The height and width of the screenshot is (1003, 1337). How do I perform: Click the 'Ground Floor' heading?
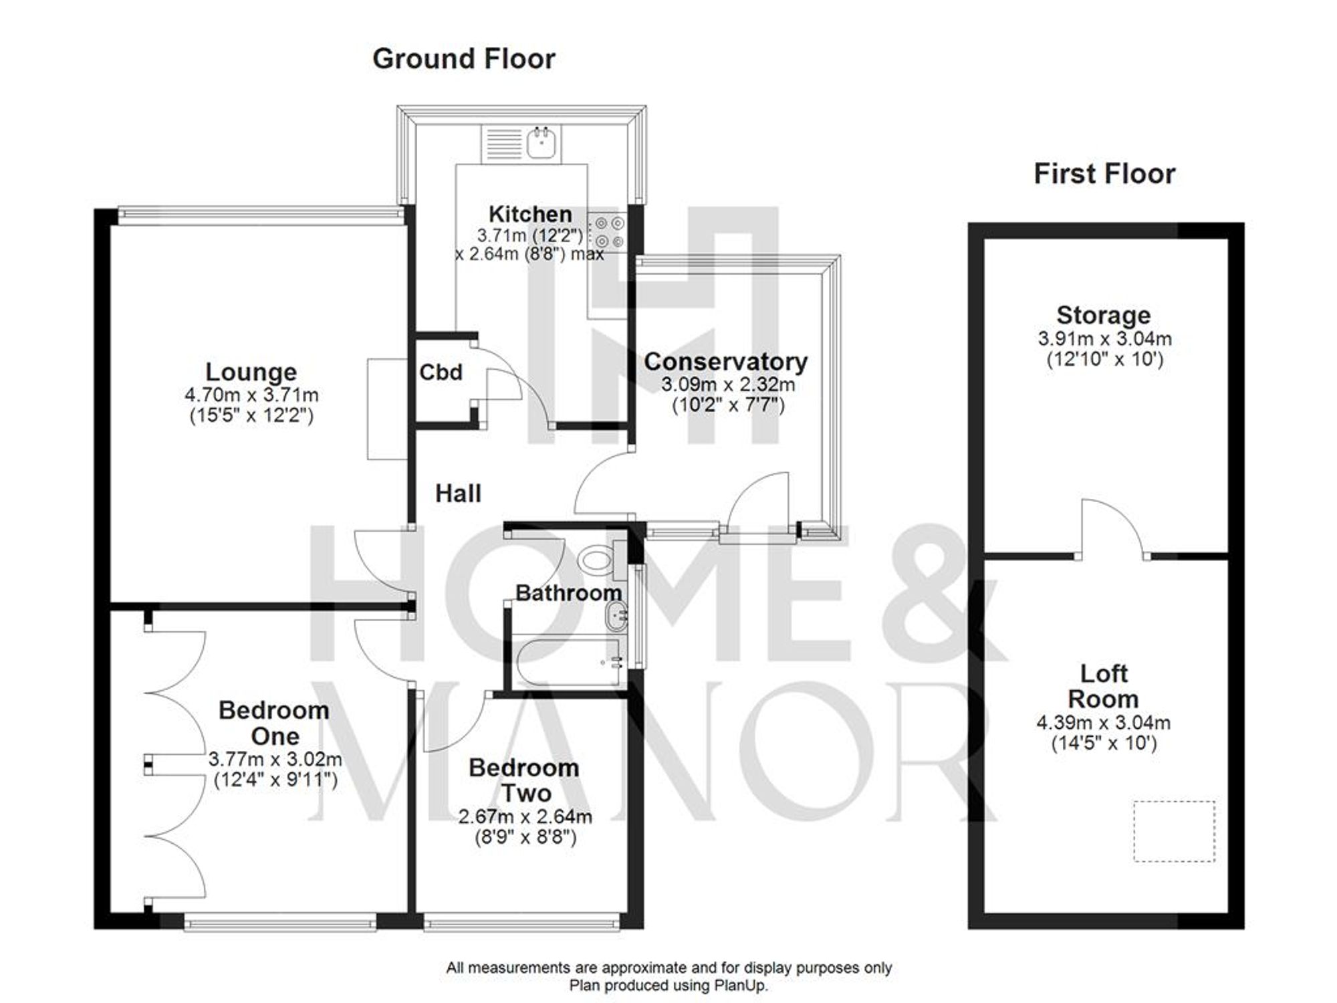463,59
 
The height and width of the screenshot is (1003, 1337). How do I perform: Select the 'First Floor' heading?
1104,174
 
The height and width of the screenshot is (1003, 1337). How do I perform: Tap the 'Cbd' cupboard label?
441,372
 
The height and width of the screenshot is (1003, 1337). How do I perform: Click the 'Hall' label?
458,493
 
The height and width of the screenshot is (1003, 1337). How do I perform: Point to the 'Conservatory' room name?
725,362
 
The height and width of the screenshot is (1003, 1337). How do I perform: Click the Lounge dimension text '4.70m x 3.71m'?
251,395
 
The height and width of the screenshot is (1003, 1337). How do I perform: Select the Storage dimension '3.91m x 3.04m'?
1104,338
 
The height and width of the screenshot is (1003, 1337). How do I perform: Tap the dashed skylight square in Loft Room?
1174,831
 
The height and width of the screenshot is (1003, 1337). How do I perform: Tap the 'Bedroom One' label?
274,723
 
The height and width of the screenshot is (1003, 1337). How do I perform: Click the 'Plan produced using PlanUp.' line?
668,986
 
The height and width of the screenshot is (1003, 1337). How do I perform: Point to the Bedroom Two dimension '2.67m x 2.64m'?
525,816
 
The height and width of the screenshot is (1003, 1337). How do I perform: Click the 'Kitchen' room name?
530,215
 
